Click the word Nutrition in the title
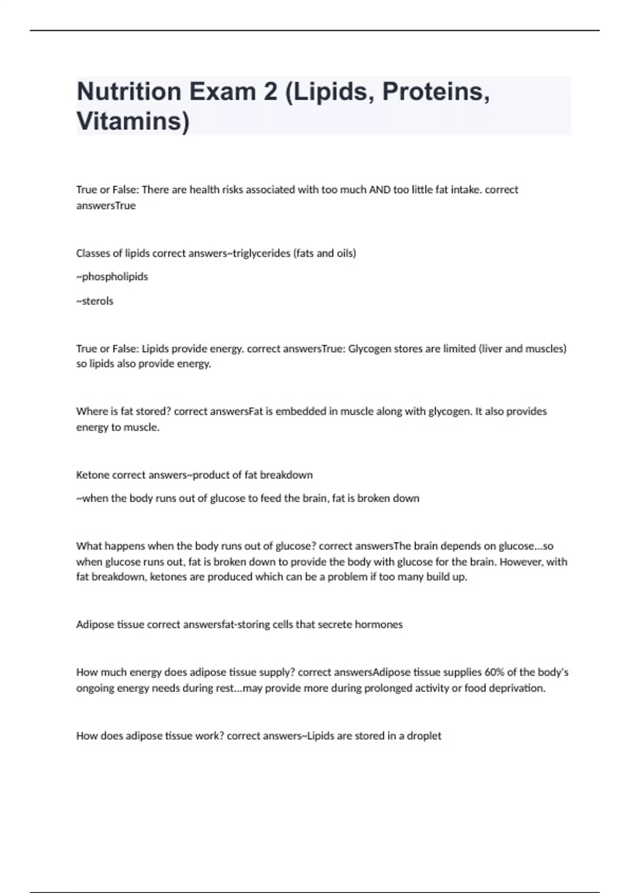(x=129, y=91)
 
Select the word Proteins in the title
(x=436, y=91)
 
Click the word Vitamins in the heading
(x=132, y=121)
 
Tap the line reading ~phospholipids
(x=112, y=277)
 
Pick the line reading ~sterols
(x=95, y=301)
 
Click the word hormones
(x=379, y=625)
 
